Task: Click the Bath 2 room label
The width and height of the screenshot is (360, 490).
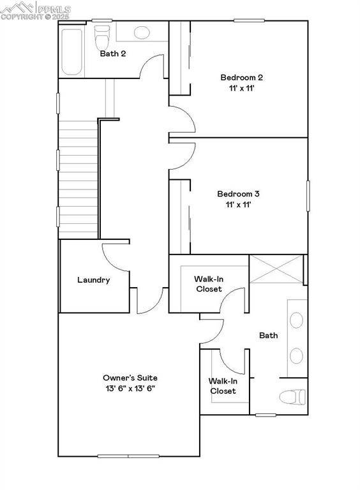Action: (112, 54)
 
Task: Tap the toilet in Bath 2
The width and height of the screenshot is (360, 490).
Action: (101, 37)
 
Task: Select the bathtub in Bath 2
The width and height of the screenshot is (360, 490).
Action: (72, 51)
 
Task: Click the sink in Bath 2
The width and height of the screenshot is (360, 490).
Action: (141, 31)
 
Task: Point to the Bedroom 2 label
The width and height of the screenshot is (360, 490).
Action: (241, 78)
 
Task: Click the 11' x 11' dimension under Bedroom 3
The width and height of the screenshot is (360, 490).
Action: (237, 205)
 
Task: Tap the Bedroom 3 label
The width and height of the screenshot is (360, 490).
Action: (238, 194)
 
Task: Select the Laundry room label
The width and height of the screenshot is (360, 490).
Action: (93, 280)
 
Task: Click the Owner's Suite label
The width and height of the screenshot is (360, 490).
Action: (130, 378)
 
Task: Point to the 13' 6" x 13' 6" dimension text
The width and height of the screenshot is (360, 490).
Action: (130, 389)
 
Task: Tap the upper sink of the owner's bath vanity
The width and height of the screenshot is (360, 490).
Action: (297, 320)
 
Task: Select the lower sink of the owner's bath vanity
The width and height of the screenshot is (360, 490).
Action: (297, 355)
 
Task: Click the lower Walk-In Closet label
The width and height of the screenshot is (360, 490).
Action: (223, 386)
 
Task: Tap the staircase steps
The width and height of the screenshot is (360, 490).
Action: (77, 179)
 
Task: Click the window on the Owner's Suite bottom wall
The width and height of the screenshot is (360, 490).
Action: (128, 456)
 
